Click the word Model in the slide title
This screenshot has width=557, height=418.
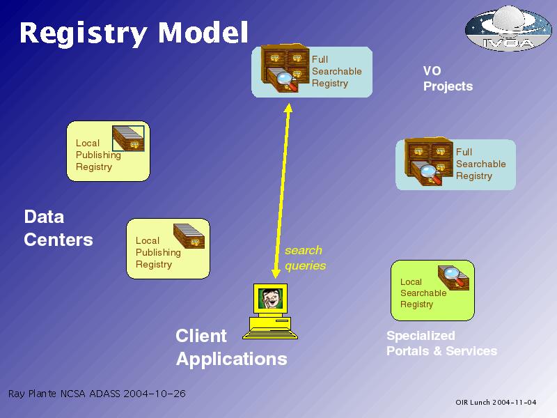click(x=203, y=32)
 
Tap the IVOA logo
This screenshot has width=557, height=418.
click(x=508, y=29)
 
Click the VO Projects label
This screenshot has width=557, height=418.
click(x=448, y=79)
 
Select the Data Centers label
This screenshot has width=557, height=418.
click(x=58, y=229)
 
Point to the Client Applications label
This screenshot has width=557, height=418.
click(x=231, y=347)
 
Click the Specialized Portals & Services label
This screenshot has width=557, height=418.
click(x=441, y=343)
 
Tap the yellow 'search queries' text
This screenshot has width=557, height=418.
click(x=305, y=258)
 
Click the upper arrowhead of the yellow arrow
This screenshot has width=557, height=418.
click(x=288, y=108)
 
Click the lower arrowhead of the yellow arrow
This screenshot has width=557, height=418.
click(x=276, y=273)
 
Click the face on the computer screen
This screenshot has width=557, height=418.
click(x=270, y=298)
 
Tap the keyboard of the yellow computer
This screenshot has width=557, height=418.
click(x=270, y=335)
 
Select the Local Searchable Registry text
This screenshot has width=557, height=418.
click(x=423, y=293)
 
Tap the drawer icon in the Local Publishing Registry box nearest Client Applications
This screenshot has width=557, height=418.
click(x=189, y=235)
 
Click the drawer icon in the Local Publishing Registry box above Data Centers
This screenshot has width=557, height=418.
click(x=128, y=138)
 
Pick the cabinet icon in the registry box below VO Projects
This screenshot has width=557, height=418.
click(x=429, y=162)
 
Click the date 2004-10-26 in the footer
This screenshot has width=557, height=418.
click(x=155, y=394)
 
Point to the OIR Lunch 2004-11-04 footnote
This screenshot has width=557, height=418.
click(x=496, y=403)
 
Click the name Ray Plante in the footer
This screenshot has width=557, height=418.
click(x=32, y=394)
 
